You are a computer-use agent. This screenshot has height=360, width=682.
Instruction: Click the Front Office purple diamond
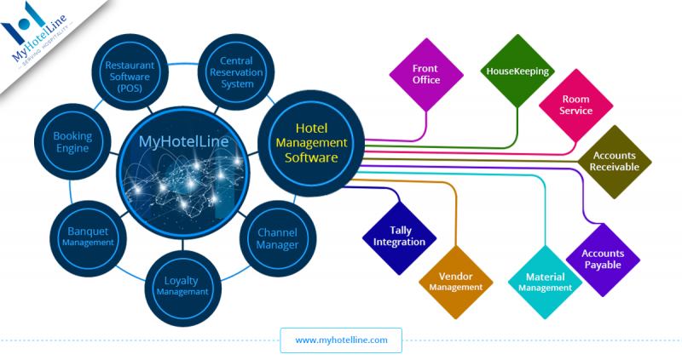click(425, 74)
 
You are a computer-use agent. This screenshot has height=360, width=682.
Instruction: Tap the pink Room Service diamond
click(575, 106)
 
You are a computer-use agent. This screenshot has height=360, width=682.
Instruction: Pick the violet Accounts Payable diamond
click(603, 259)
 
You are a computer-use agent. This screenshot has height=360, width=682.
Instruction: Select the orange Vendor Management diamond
click(456, 282)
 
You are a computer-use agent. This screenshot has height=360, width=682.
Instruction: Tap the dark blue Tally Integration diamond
click(399, 236)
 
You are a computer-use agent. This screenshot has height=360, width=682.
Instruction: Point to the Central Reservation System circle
click(236, 72)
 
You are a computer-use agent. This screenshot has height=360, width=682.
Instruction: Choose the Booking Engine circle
click(72, 141)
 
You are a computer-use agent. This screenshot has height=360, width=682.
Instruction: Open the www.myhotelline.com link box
click(341, 340)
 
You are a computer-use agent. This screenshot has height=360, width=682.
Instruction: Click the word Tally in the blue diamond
click(399, 230)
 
